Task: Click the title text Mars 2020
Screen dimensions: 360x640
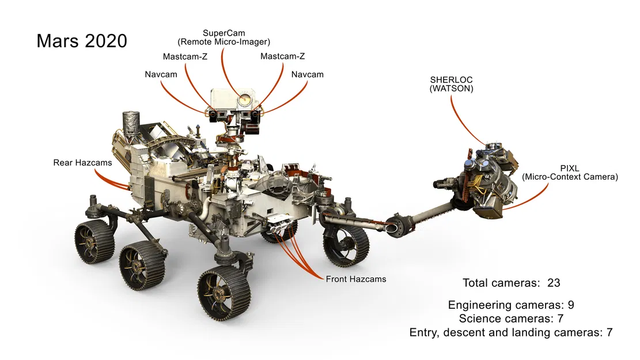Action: pos(81,41)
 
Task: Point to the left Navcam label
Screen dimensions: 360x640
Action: pos(161,74)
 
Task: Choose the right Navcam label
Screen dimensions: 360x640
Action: pos(307,74)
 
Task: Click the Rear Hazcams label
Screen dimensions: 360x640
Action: pos(82,162)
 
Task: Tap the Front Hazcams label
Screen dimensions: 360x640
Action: pos(355,279)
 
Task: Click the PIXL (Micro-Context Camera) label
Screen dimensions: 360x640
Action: pos(569,172)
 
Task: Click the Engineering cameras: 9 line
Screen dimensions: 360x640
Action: pos(511,305)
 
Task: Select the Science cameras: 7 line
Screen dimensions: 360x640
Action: pos(511,319)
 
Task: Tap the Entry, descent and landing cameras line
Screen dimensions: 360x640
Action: pos(510,332)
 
